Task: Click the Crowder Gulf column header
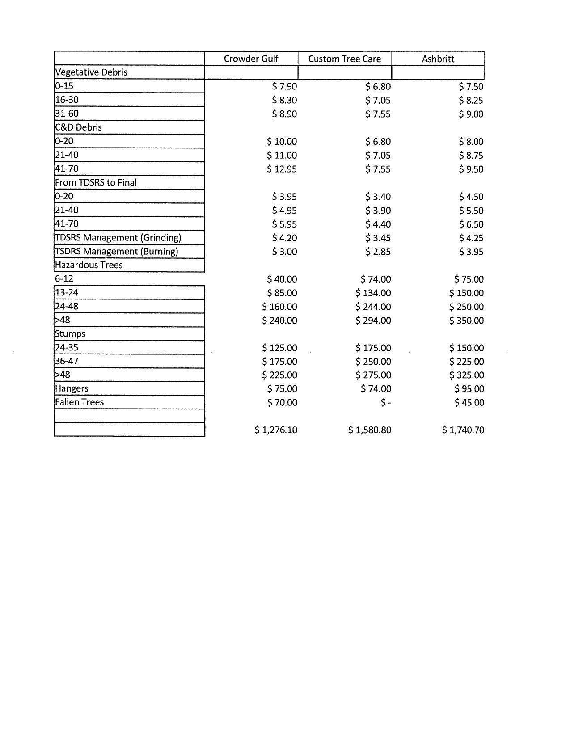pyautogui.click(x=251, y=59)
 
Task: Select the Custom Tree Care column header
pyautogui.click(x=345, y=59)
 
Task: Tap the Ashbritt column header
pyautogui.click(x=438, y=59)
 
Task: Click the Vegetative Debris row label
pyautogui.click(x=91, y=72)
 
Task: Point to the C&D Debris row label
pyautogui.click(x=79, y=127)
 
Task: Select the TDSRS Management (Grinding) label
pyautogui.click(x=118, y=238)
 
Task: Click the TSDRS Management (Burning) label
pyautogui.click(x=116, y=252)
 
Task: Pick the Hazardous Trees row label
pyautogui.click(x=89, y=265)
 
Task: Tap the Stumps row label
pyautogui.click(x=70, y=334)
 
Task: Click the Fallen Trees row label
pyautogui.click(x=80, y=402)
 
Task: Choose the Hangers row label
pyautogui.click(x=72, y=388)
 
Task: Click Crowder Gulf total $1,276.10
pyautogui.click(x=276, y=430)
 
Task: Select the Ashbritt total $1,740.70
pyautogui.click(x=463, y=430)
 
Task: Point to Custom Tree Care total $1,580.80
pyautogui.click(x=370, y=430)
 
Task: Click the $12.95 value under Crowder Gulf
pyautogui.click(x=282, y=169)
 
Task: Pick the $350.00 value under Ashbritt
pyautogui.click(x=467, y=321)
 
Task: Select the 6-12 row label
pyautogui.click(x=64, y=279)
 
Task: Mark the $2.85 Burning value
pyautogui.click(x=378, y=252)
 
